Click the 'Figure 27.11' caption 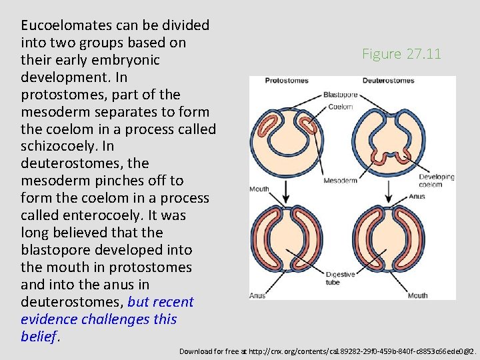pyautogui.click(x=401, y=54)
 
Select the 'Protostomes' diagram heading pyautogui.click(x=287, y=81)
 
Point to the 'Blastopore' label pyautogui.click(x=340, y=95)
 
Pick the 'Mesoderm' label pyautogui.click(x=340, y=181)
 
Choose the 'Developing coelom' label pyautogui.click(x=437, y=181)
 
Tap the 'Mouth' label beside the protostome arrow pyautogui.click(x=259, y=189)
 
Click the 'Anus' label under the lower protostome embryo pyautogui.click(x=257, y=295)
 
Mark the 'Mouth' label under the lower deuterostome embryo pyautogui.click(x=418, y=295)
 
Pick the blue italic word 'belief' pyautogui.click(x=39, y=337)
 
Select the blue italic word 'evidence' pyautogui.click(x=51, y=319)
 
